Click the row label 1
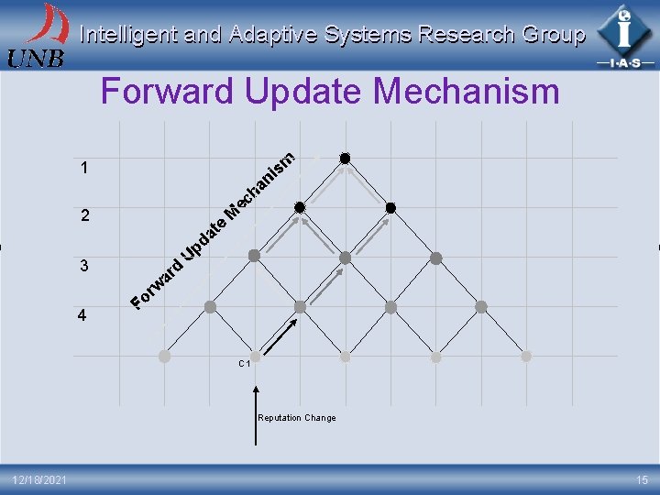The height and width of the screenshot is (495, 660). tap(83, 169)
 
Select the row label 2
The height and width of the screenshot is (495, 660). tap(83, 217)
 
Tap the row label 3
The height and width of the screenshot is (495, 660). tap(83, 267)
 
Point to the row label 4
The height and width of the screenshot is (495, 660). tap(83, 316)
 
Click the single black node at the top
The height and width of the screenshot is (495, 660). tap(346, 159)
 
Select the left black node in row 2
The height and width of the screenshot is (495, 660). tap(300, 208)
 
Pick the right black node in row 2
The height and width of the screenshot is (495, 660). tap(390, 208)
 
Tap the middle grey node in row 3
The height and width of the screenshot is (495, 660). tap(346, 258)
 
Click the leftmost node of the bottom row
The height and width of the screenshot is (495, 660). tap(164, 356)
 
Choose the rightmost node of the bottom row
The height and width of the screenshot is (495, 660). tap(526, 356)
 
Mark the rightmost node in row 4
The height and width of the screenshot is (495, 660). tap(481, 307)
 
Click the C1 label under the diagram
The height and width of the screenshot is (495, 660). tap(245, 364)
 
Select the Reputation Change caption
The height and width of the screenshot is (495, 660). tap(296, 418)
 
